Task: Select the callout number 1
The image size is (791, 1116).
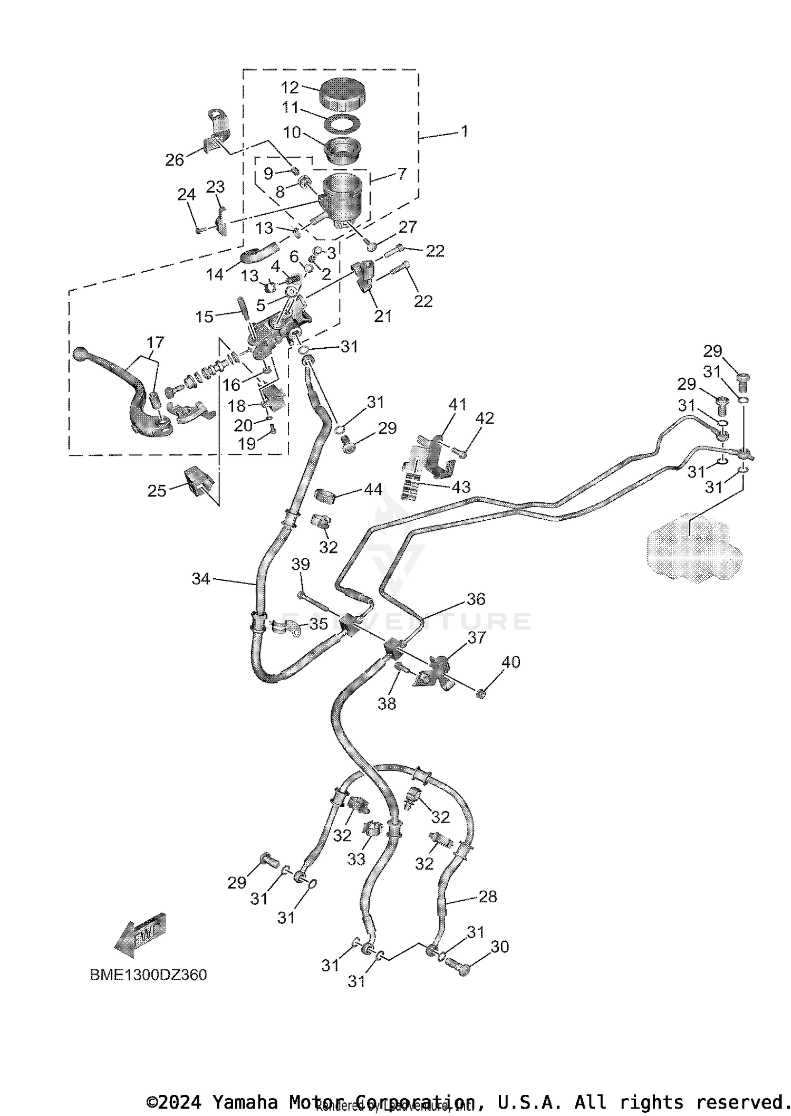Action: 464,131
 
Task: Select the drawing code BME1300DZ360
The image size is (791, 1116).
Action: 148,975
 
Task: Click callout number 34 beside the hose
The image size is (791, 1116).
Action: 200,579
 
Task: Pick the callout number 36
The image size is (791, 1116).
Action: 476,599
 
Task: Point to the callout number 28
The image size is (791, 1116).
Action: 488,896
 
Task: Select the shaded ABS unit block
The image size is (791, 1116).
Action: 693,549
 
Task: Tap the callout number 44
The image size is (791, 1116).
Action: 373,489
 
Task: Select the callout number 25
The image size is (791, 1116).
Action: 157,491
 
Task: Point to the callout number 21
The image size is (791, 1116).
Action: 383,316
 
